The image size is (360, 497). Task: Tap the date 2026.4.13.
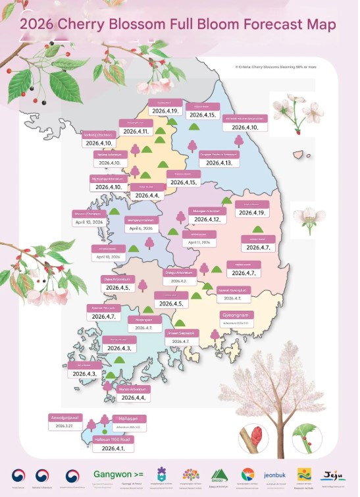click(219, 162)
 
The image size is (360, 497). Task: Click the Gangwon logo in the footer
click(118, 473)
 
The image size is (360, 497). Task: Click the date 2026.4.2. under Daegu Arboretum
click(180, 281)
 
